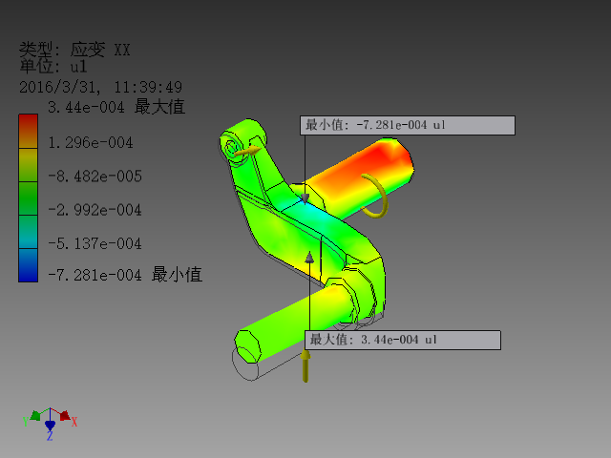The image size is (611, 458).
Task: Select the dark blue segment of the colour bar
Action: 29,271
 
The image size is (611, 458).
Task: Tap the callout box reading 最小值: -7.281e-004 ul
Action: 409,125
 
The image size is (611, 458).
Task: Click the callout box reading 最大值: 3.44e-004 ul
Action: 403,340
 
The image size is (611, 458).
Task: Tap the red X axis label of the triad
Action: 74,422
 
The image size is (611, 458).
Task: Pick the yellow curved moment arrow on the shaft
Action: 378,196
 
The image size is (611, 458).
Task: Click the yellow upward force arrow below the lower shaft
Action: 306,366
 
